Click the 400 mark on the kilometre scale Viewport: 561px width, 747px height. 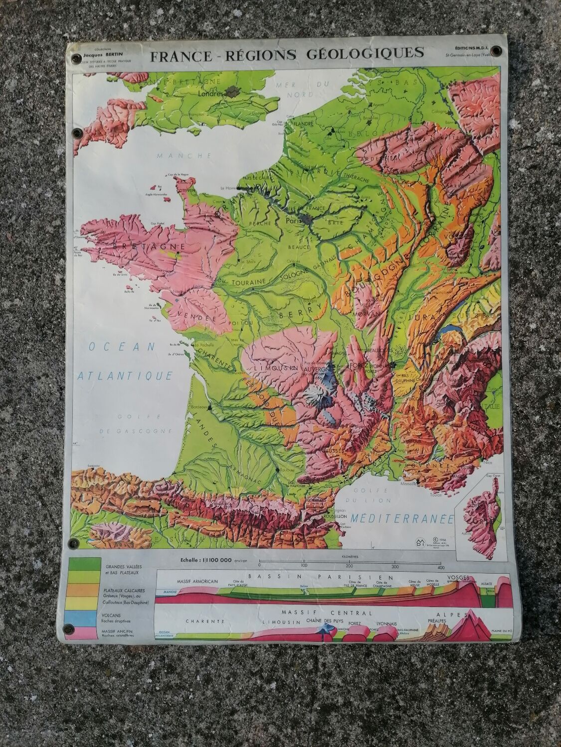441,566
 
